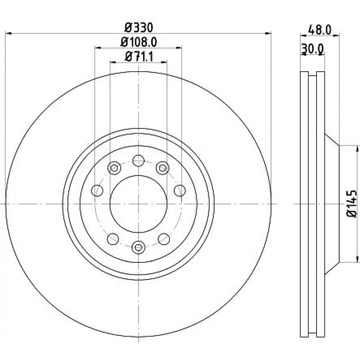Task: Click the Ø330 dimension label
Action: (x=139, y=28)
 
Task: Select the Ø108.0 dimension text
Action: (x=139, y=42)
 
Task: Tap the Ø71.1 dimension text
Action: (x=139, y=57)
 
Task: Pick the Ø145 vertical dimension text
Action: (x=352, y=204)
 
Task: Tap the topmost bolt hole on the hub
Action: (x=139, y=161)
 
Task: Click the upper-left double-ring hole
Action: (x=114, y=168)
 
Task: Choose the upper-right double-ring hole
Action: (x=163, y=168)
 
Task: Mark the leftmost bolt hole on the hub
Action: (x=97, y=190)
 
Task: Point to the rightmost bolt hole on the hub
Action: (x=180, y=190)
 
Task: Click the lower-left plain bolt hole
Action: (x=113, y=239)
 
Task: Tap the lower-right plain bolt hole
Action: (x=164, y=239)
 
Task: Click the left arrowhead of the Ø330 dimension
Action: (x=8, y=33)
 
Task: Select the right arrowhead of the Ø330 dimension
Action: (x=268, y=33)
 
